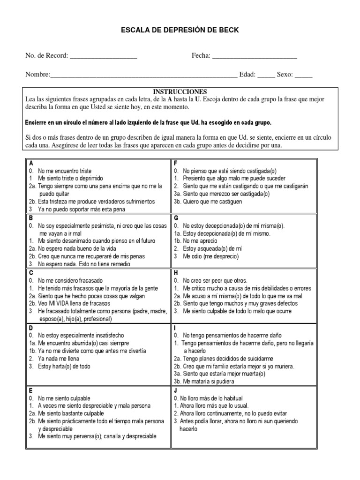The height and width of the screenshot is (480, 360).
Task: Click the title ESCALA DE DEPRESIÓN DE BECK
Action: [180, 30]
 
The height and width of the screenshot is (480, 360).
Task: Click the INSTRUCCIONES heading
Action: [180, 92]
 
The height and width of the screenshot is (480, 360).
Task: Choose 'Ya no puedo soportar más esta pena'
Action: [82, 209]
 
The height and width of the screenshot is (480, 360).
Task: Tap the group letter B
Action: [31, 218]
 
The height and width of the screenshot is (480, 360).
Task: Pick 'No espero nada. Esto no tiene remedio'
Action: [84, 264]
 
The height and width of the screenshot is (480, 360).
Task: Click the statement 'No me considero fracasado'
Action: [70, 280]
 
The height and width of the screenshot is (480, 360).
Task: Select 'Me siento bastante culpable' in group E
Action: [71, 413]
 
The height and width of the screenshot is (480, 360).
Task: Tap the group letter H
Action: [176, 272]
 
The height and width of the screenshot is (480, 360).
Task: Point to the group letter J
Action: [175, 390]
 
